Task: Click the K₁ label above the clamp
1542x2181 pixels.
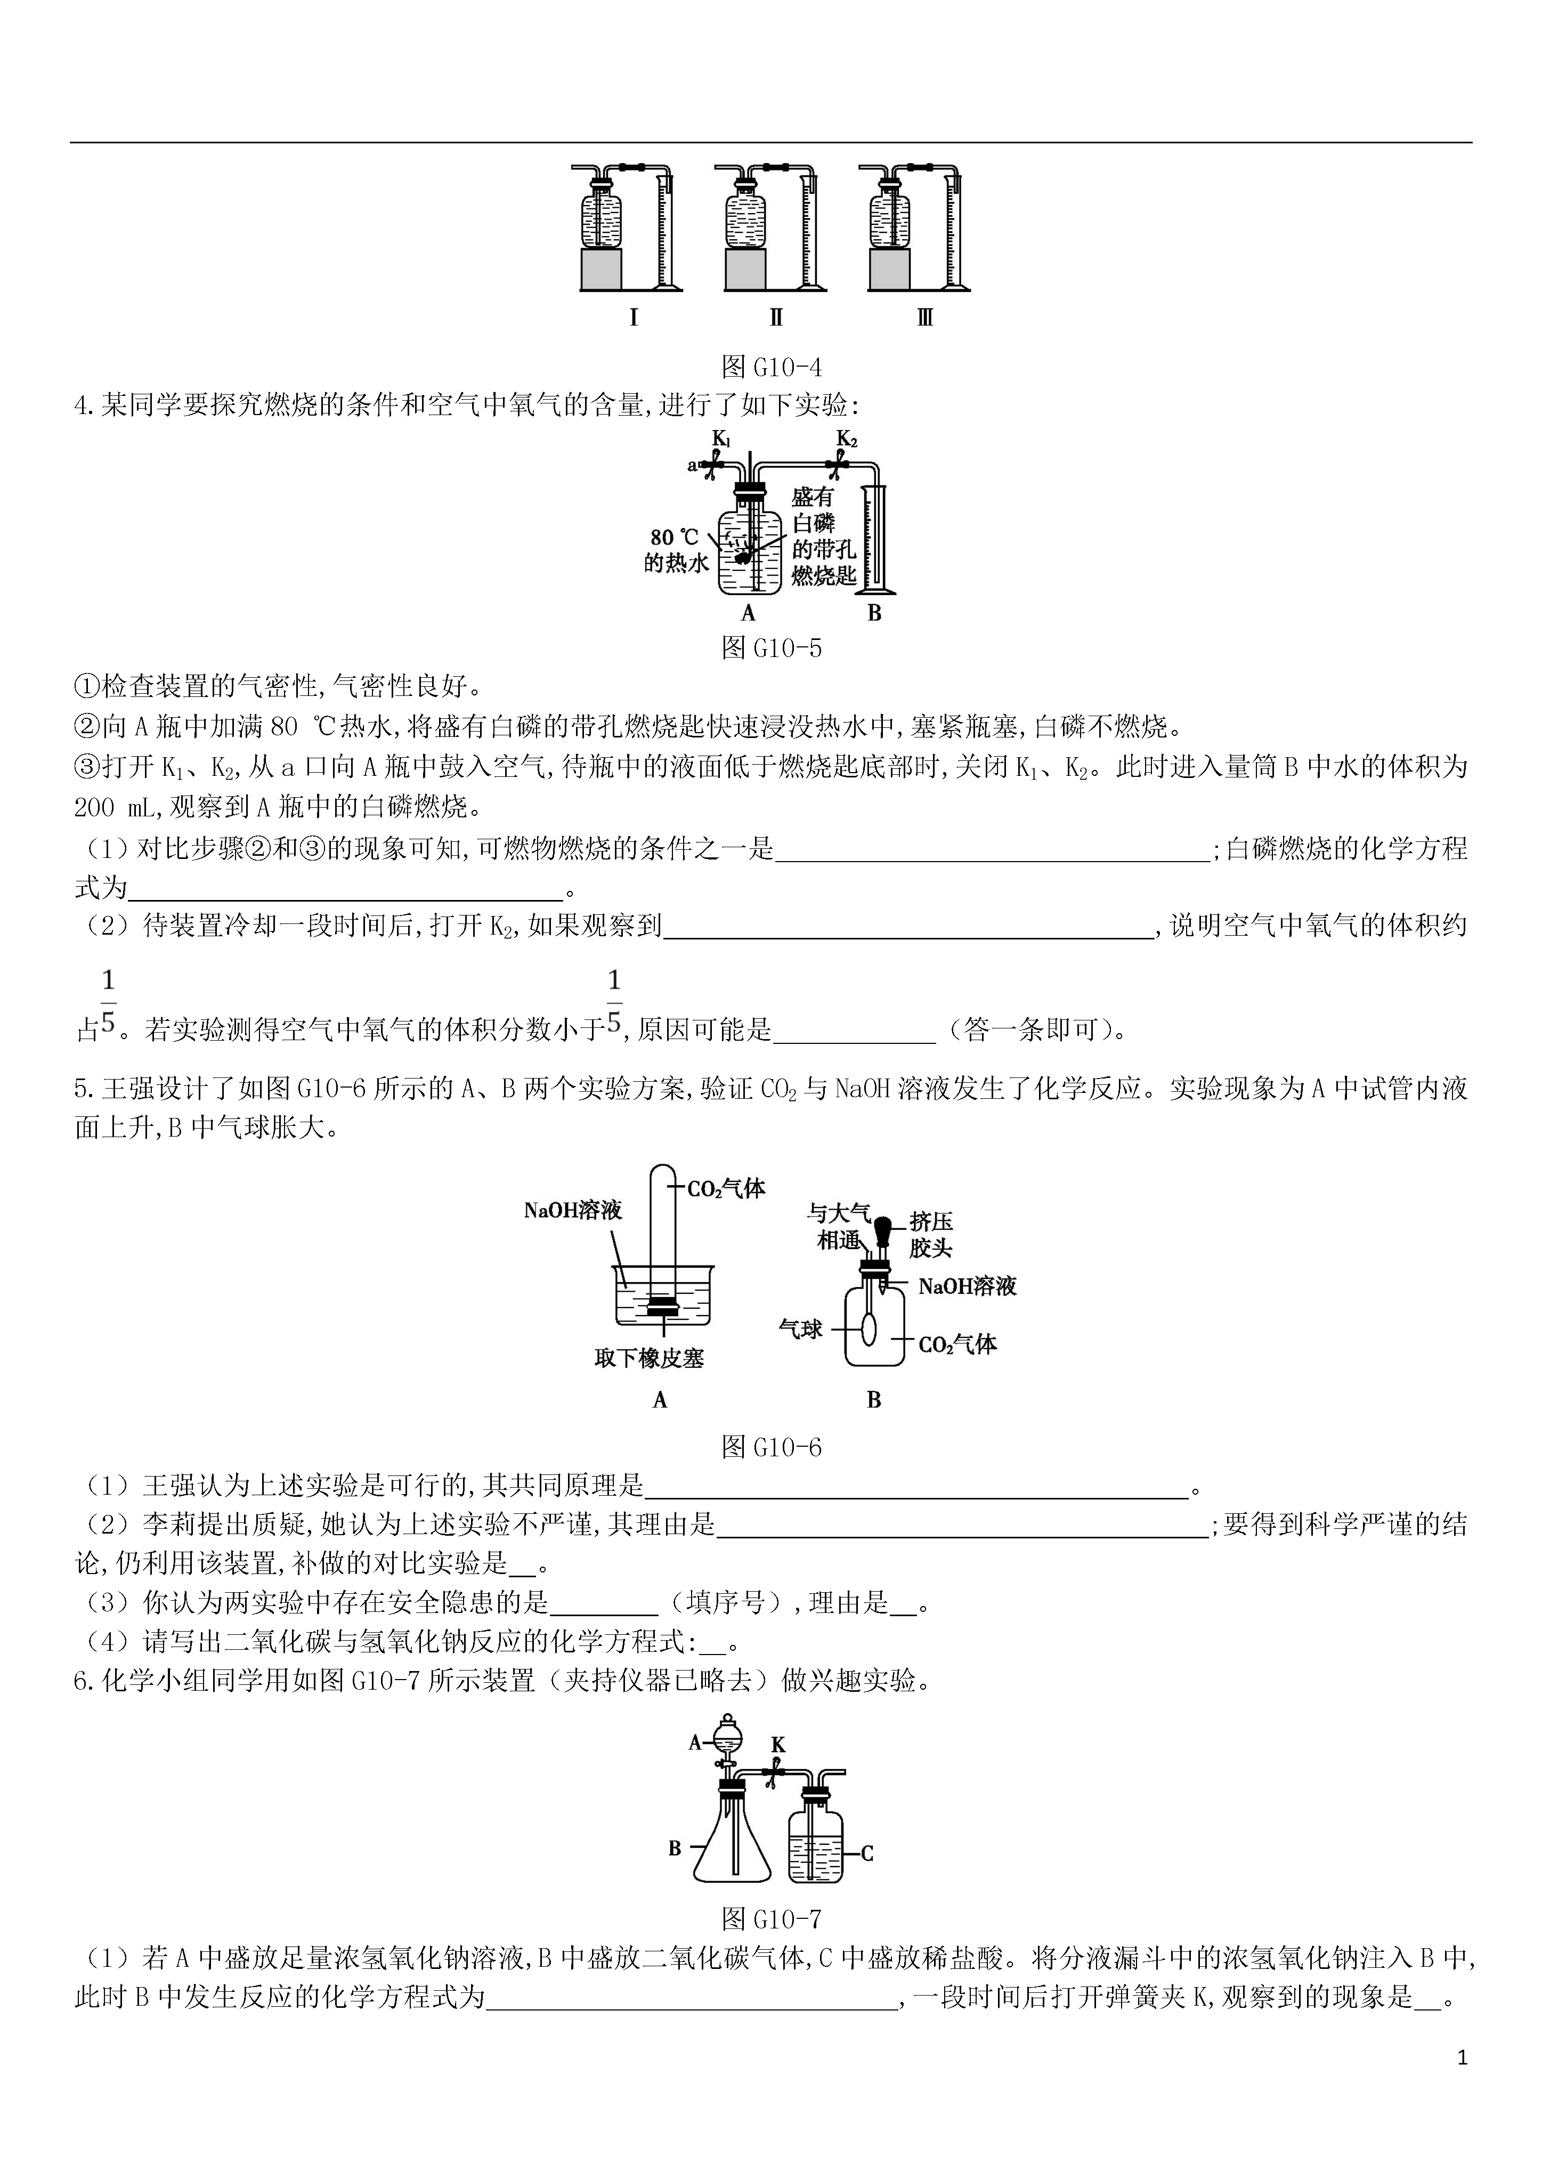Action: coord(722,439)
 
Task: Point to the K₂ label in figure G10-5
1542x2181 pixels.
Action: coord(847,439)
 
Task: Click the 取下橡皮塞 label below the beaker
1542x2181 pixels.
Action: coord(649,1358)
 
